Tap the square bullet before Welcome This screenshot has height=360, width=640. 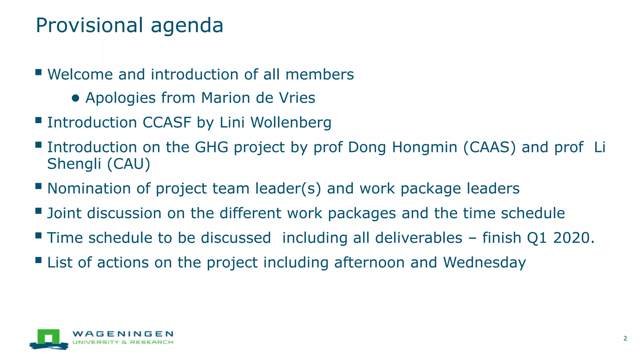click(38, 72)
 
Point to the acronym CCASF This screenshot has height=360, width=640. click(167, 122)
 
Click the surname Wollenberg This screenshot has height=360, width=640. click(291, 122)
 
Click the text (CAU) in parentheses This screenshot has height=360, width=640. click(129, 164)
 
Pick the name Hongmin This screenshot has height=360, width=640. click(424, 147)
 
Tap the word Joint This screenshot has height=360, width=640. click(64, 213)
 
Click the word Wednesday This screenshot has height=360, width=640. click(484, 262)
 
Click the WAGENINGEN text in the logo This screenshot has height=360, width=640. click(123, 334)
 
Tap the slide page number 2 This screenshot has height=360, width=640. click(625, 338)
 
